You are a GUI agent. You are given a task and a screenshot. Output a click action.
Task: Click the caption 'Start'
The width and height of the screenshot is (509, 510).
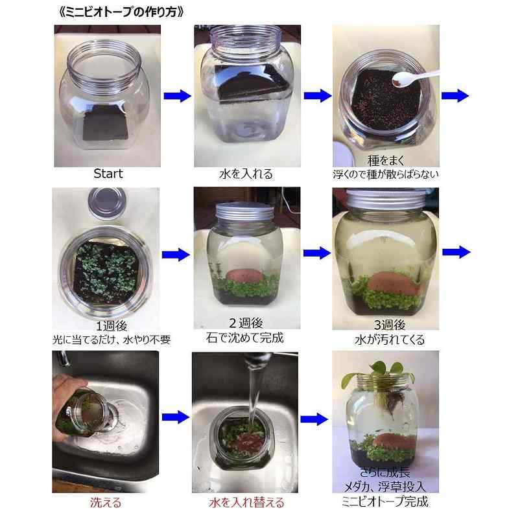(108, 174)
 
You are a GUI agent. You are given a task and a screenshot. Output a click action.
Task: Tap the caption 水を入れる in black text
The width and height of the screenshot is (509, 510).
(245, 174)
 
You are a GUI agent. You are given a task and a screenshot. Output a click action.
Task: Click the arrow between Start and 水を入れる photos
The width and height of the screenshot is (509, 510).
(176, 97)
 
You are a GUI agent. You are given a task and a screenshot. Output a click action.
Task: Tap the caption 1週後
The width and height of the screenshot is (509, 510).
(108, 326)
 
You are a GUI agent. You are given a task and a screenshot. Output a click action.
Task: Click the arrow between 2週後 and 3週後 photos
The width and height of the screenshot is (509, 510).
(316, 253)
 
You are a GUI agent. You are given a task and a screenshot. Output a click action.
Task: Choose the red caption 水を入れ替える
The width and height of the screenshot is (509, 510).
(246, 502)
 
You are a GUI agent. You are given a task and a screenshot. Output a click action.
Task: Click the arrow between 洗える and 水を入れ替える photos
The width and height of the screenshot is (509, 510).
(175, 417)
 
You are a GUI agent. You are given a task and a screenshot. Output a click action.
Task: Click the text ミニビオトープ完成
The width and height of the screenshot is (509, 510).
(385, 501)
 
